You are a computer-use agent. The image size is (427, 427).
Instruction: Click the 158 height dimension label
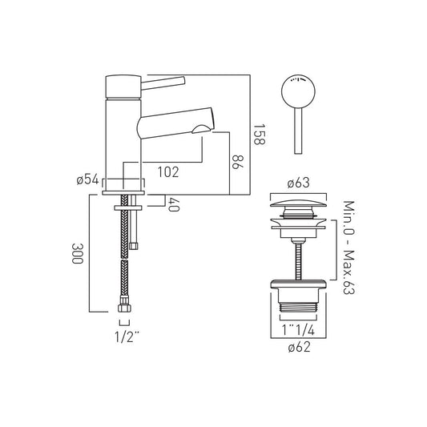259,135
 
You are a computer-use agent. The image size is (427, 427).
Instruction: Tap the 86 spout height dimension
237,162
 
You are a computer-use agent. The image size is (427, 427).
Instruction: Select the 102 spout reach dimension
168,172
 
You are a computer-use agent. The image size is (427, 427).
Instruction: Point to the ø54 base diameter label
87,179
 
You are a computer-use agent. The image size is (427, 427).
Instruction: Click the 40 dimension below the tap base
174,204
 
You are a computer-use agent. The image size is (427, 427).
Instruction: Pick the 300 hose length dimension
77,253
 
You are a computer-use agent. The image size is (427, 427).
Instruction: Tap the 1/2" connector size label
127,337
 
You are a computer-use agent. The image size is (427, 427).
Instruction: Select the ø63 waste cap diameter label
299,183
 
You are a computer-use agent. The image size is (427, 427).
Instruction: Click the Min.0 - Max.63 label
348,248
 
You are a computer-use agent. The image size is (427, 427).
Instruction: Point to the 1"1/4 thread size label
298,330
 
